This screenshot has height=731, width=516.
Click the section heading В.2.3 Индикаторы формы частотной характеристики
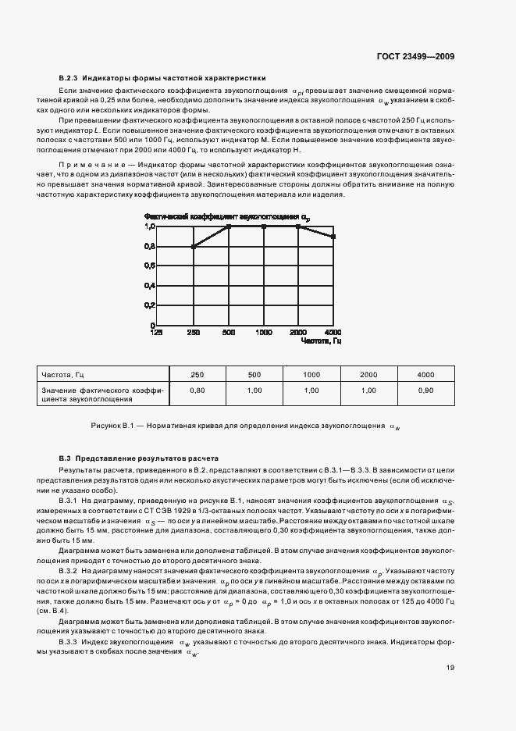(162, 78)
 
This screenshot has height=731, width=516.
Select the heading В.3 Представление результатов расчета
(140, 457)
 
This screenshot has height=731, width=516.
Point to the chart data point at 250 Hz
(193, 246)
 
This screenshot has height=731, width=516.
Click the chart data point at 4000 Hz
(334, 236)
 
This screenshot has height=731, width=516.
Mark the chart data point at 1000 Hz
(264, 226)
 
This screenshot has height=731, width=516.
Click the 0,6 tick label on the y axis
(150, 266)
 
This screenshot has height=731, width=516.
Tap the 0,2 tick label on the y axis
(150, 305)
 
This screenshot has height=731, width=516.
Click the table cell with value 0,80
(198, 390)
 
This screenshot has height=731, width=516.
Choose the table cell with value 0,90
(425, 390)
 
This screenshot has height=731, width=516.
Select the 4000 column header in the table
(425, 375)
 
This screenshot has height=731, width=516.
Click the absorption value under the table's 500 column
(254, 390)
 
